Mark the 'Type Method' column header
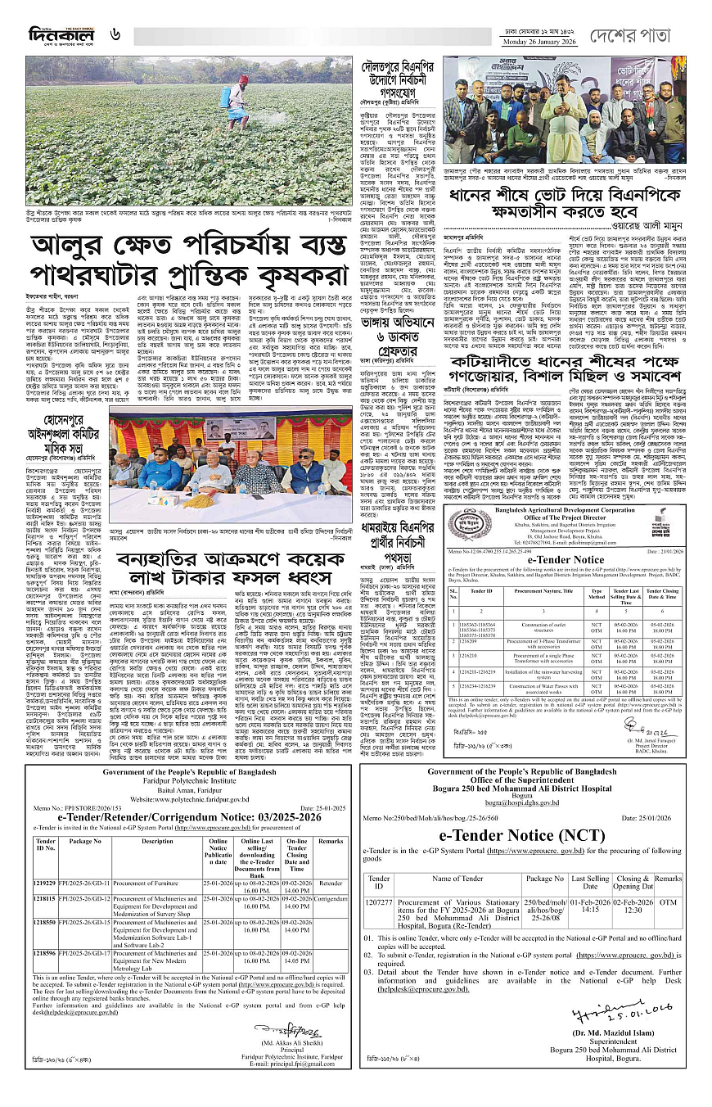(597, 594)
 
